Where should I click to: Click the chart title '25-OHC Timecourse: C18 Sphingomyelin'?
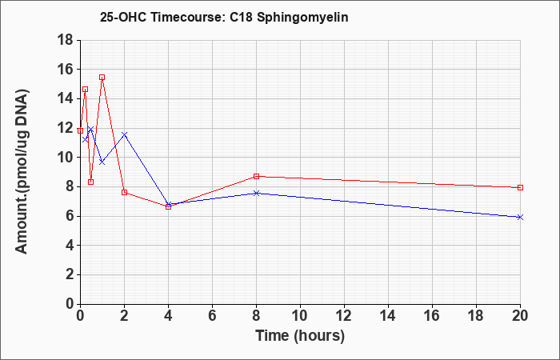click(224, 18)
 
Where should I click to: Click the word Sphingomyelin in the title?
click(302, 18)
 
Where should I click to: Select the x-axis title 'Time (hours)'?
click(300, 336)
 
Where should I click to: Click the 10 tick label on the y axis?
click(65, 158)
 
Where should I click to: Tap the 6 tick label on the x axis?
click(212, 316)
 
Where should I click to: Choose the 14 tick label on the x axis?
click(388, 316)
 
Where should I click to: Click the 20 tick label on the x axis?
click(520, 316)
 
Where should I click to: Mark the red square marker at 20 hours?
click(520, 187)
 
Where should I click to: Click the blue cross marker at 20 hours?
click(520, 217)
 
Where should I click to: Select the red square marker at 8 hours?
click(257, 176)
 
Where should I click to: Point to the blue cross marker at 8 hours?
click(257, 194)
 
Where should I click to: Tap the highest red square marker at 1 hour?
click(102, 77)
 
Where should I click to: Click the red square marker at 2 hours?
click(124, 192)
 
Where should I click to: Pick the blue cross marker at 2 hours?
click(124, 134)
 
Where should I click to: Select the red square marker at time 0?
click(80, 130)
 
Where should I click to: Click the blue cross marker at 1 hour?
click(102, 162)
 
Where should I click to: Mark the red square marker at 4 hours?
click(169, 206)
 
